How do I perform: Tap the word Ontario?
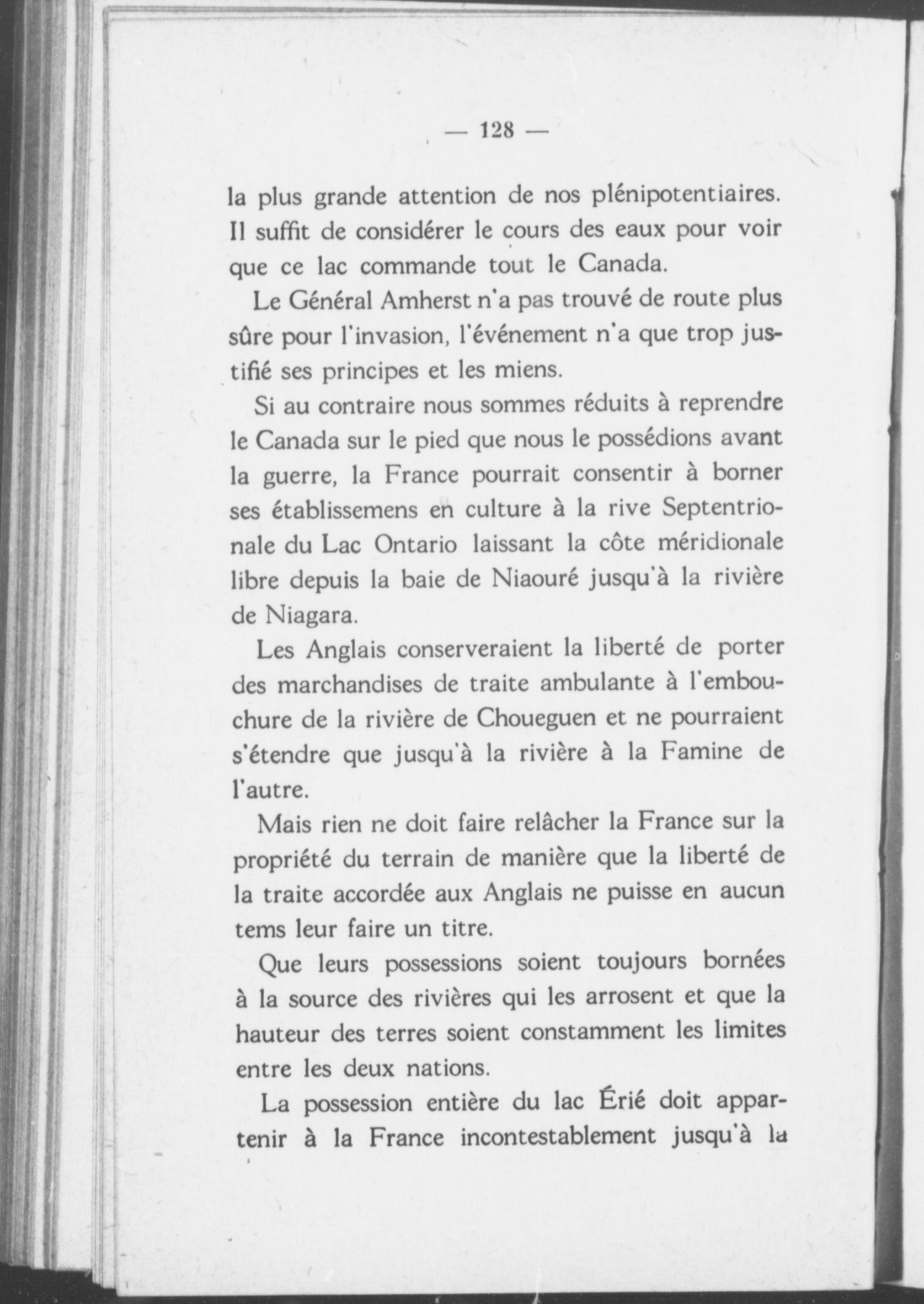[416, 546]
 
